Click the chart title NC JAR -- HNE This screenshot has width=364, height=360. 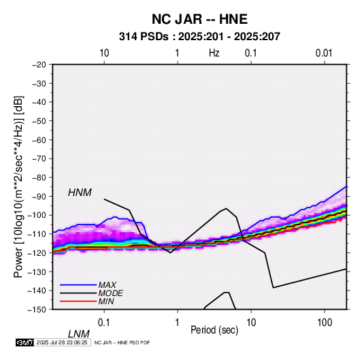199,19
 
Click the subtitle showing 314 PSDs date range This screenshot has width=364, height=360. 199,37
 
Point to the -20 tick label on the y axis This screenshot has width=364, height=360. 39,65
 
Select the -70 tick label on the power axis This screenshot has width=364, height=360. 39,159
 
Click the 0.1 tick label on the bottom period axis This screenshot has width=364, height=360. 104,323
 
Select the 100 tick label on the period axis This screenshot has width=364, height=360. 325,323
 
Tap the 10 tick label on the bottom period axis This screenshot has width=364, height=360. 251,323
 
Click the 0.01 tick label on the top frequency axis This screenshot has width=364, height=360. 324,53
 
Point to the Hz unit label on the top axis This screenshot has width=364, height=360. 214,53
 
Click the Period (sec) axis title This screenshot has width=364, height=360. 214,330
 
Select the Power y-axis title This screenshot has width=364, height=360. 18,186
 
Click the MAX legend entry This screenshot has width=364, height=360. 107,285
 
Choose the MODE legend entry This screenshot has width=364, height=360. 110,293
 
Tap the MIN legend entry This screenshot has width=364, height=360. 106,301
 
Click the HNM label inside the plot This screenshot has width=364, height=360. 80,193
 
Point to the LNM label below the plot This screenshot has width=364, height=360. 79,334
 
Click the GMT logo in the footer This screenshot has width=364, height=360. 24,342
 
